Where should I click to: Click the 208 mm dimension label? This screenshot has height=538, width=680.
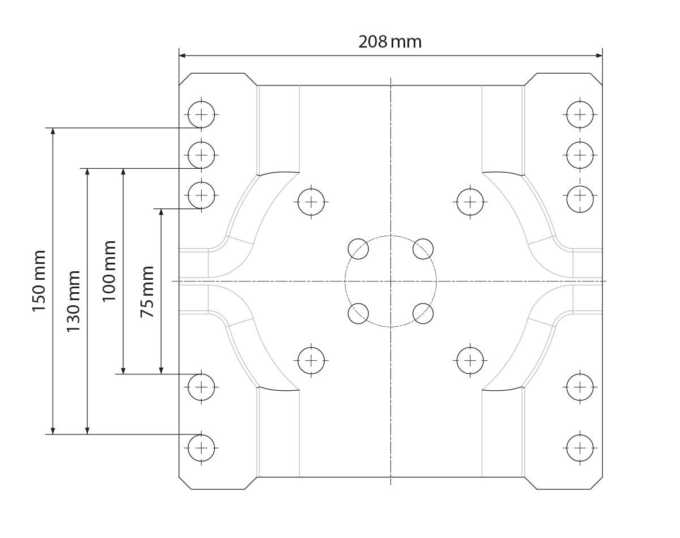pyautogui.click(x=390, y=42)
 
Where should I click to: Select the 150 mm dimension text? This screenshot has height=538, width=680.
pyautogui.click(x=39, y=281)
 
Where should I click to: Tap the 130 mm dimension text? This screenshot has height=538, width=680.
pyautogui.click(x=74, y=301)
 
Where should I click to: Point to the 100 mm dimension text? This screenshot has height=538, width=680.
pyautogui.click(x=109, y=271)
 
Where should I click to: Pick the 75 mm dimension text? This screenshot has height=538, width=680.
pyautogui.click(x=147, y=291)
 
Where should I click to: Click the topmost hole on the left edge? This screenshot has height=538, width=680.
pyautogui.click(x=201, y=114)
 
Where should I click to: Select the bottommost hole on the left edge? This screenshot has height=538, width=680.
pyautogui.click(x=201, y=447)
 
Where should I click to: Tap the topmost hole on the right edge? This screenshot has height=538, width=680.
pyautogui.click(x=580, y=114)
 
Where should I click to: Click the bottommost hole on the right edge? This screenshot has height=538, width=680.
pyautogui.click(x=580, y=447)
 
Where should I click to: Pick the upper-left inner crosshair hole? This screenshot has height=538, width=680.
pyautogui.click(x=311, y=201)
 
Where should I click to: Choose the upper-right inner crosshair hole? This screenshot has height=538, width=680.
pyautogui.click(x=470, y=201)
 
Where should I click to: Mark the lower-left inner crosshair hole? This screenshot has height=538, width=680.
pyautogui.click(x=311, y=360)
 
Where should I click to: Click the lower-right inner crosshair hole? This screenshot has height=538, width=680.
pyautogui.click(x=470, y=360)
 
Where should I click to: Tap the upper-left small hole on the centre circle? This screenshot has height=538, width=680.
pyautogui.click(x=358, y=249)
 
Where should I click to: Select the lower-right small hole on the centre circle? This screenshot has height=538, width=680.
pyautogui.click(x=423, y=313)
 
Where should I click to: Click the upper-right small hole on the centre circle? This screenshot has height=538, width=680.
pyautogui.click(x=423, y=249)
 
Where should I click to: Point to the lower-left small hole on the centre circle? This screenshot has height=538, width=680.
pyautogui.click(x=358, y=313)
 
